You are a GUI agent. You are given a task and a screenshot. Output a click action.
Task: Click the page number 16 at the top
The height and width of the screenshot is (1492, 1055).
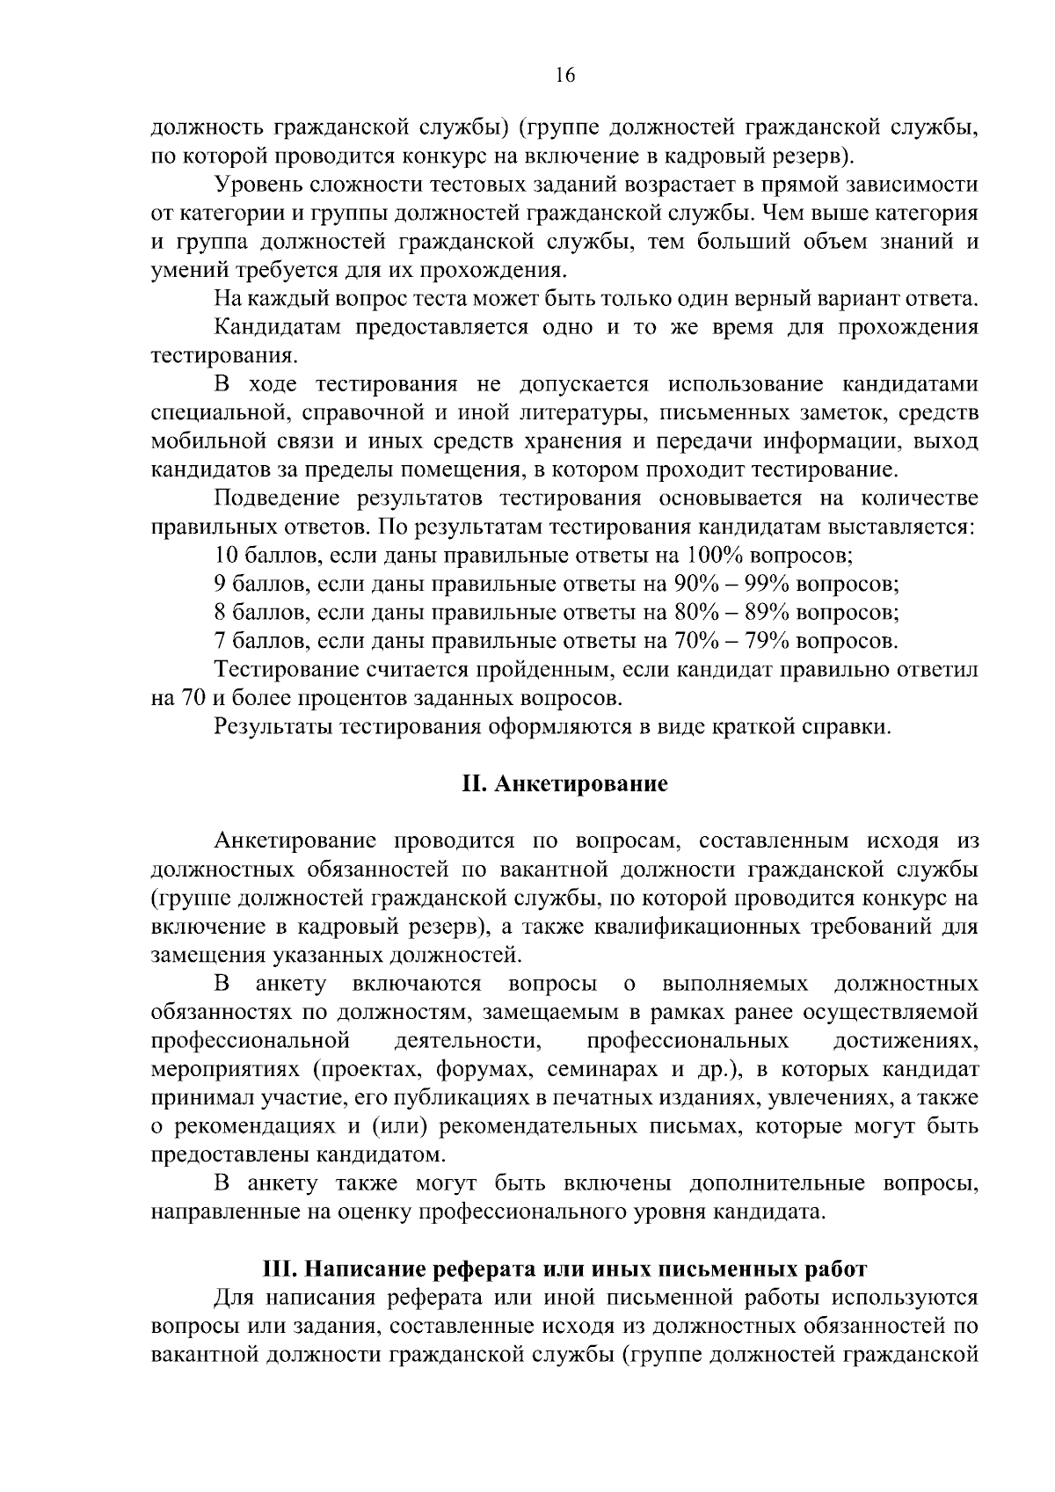[x=564, y=76]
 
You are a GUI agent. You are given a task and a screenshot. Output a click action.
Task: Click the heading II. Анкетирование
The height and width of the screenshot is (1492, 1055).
[x=564, y=783]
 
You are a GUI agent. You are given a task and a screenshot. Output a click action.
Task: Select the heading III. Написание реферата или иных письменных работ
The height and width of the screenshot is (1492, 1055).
[x=564, y=1269]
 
